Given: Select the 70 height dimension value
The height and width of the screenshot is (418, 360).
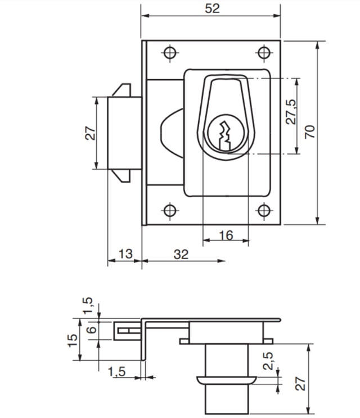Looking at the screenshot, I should pyautogui.click(x=309, y=131).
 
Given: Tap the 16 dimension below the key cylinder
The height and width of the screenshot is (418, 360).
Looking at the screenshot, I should pyautogui.click(x=225, y=235).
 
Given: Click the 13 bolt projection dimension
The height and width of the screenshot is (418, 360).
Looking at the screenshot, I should pyautogui.click(x=125, y=254).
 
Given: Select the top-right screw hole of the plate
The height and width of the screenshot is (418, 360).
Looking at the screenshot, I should pyautogui.click(x=263, y=53).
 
